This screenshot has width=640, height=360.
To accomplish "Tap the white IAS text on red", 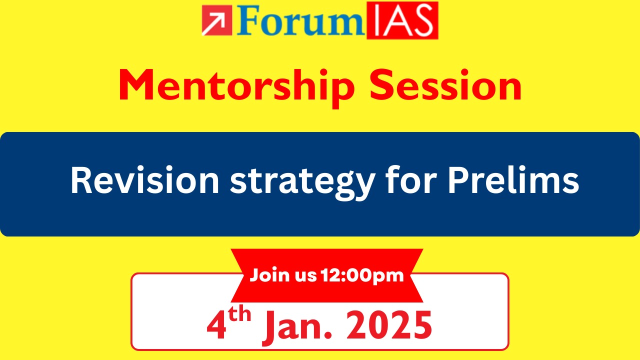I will coord(402,20).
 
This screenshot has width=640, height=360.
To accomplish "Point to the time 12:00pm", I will coord(362,276).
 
